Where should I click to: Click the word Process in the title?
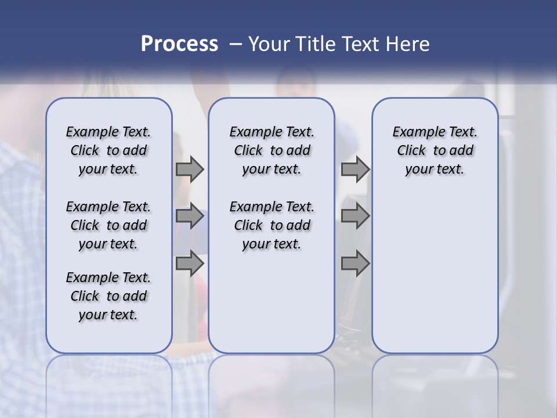[179, 44]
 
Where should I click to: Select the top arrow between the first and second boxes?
[190, 170]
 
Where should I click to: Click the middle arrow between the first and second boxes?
[190, 217]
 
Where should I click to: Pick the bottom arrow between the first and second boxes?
[190, 264]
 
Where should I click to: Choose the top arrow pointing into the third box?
[355, 170]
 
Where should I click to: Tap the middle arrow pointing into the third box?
[355, 217]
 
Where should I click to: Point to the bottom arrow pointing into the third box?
[355, 264]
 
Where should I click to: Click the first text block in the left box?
[108, 150]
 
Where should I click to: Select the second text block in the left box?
[108, 225]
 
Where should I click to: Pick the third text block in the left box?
[108, 296]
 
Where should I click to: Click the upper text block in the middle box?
[272, 150]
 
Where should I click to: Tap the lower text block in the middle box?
[272, 225]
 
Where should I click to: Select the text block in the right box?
[435, 150]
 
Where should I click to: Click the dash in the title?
[236, 44]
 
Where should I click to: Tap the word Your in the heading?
[269, 44]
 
